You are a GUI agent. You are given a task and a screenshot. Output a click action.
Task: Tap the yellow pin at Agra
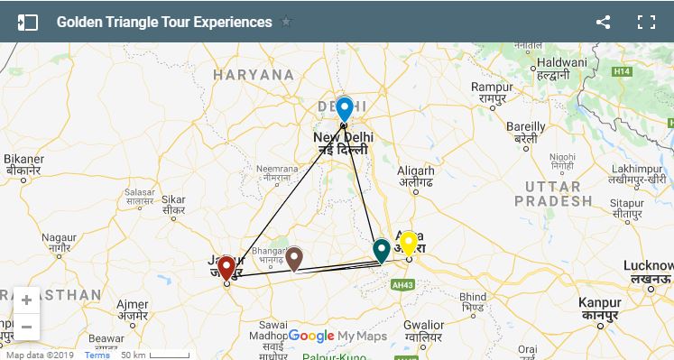[x=408, y=243]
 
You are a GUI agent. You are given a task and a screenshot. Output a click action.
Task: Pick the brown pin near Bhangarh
[x=294, y=257]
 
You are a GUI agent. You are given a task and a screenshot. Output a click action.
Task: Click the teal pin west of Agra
[x=381, y=250]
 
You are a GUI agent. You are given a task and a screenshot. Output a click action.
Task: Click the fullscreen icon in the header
[x=645, y=23]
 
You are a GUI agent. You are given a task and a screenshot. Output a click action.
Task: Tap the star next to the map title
[x=286, y=23]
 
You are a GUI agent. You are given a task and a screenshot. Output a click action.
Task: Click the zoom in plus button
[x=26, y=300]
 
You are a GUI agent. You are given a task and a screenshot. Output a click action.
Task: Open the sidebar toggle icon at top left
[x=27, y=23]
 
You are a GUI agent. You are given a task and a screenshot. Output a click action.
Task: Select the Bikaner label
[x=23, y=162]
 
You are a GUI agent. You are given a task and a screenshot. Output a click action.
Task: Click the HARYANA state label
[x=253, y=75]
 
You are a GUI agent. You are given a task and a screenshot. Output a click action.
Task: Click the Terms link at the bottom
[x=97, y=355]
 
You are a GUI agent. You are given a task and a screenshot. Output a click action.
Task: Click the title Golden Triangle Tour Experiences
[x=164, y=23]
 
